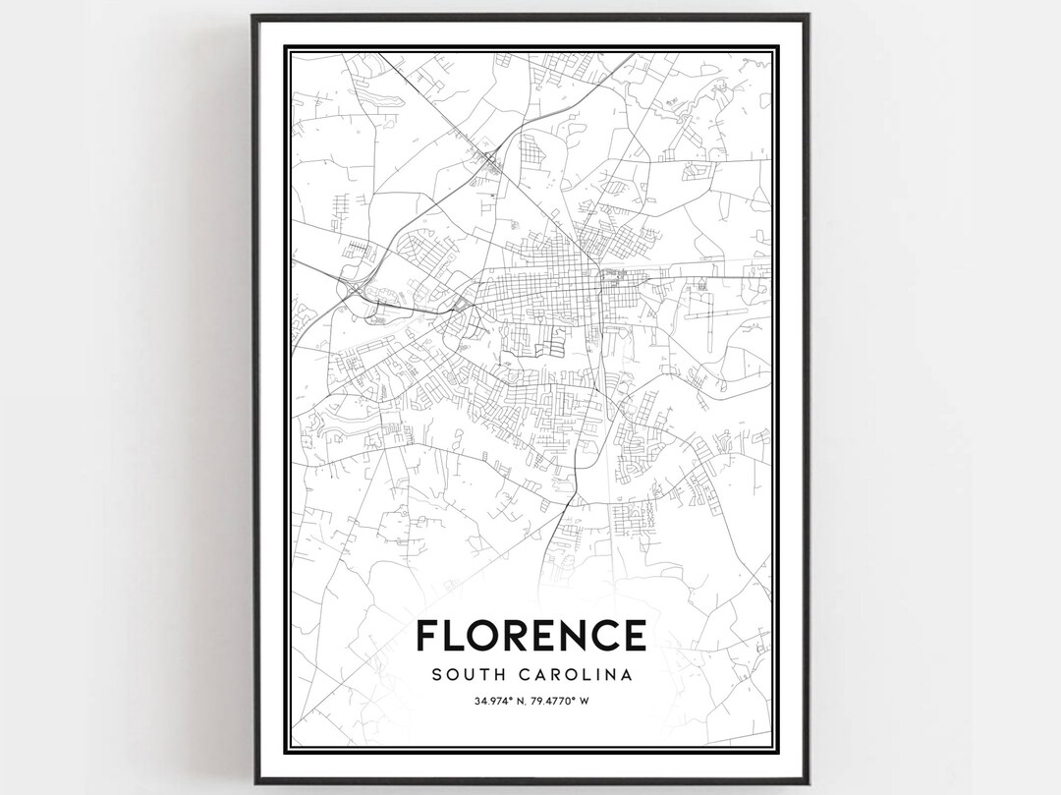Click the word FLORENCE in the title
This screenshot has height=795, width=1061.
tap(530, 635)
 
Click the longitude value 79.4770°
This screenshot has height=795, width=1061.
tap(560, 701)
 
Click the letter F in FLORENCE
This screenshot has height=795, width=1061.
tap(427, 635)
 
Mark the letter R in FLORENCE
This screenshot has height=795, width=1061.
tap(518, 635)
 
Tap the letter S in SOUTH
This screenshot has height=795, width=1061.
tap(435, 675)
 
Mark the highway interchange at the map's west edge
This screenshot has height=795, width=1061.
tap(352, 288)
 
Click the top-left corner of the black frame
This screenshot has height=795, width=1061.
tap(253, 16)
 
